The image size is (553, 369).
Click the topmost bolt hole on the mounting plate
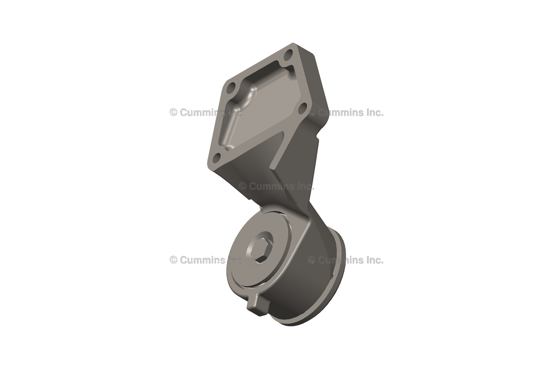pyautogui.click(x=288, y=55)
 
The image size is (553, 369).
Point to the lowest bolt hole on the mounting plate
pyautogui.click(x=216, y=157)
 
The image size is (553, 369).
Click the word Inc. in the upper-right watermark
pyautogui.click(x=370, y=113)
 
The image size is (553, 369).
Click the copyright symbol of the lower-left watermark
pyautogui.click(x=173, y=260)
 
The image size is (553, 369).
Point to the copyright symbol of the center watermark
pyautogui.click(x=242, y=186)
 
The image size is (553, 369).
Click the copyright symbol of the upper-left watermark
pyautogui.click(x=173, y=113)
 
